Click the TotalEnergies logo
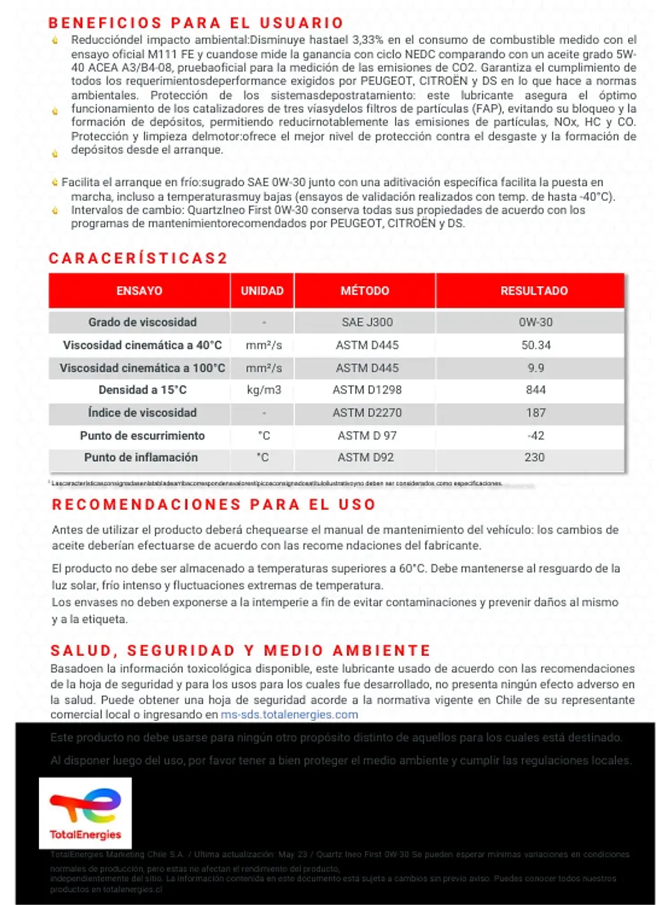(85, 813)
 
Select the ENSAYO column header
(139, 291)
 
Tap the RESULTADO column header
(534, 291)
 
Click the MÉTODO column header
(365, 291)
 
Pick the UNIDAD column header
(262, 291)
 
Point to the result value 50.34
(536, 345)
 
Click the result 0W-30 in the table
(536, 322)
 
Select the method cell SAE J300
(367, 322)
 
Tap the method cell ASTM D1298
(367, 390)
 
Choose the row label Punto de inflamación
(141, 458)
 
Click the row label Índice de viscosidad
(142, 413)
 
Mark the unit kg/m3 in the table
(264, 390)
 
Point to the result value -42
(536, 435)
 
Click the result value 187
(536, 413)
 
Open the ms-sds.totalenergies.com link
(289, 715)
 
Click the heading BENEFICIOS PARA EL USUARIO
(196, 23)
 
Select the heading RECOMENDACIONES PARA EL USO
(214, 504)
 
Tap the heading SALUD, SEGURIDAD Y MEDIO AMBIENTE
(240, 651)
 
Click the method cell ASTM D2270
(367, 413)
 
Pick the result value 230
(535, 458)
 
